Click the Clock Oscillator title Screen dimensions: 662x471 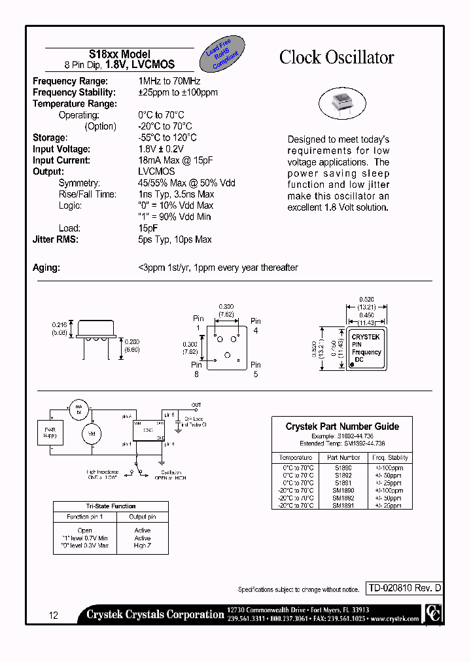(x=336, y=58)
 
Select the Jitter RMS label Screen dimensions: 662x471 (x=56, y=239)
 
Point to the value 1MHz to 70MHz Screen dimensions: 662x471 (x=169, y=81)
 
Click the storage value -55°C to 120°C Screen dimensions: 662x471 (x=167, y=137)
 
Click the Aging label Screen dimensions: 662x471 (x=46, y=268)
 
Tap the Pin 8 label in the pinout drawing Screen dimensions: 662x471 (x=196, y=370)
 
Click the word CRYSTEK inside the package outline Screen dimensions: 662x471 (x=366, y=337)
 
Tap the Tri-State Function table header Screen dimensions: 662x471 (x=111, y=506)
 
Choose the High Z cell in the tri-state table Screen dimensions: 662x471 (x=142, y=546)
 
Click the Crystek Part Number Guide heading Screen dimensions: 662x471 (x=342, y=427)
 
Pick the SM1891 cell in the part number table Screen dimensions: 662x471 (x=343, y=505)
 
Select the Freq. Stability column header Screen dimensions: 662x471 (x=389, y=458)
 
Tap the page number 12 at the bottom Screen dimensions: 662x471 (x=54, y=616)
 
